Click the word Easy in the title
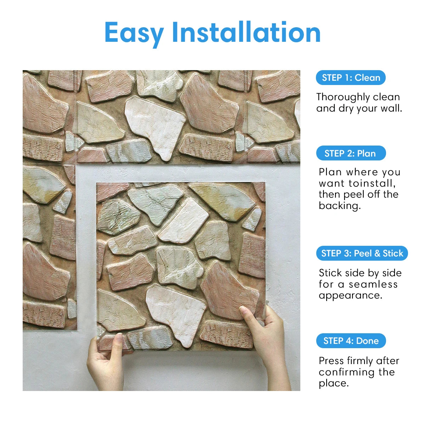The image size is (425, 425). (x=134, y=33)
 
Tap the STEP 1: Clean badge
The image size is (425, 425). (x=351, y=78)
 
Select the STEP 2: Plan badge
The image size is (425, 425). (x=351, y=153)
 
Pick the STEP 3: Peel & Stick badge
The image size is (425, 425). (x=362, y=253)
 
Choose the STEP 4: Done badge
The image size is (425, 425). (x=351, y=341)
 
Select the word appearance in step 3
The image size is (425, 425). (x=351, y=296)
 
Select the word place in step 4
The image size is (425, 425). (x=333, y=383)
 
